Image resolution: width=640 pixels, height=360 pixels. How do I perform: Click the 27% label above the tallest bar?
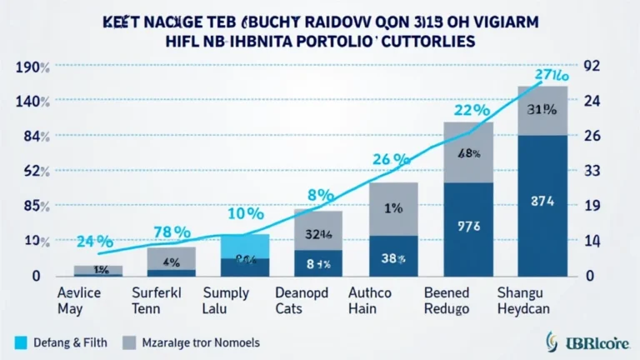(x=550, y=74)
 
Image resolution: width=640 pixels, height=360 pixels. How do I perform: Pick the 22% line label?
(x=471, y=110)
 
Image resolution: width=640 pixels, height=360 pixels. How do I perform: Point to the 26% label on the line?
(x=390, y=158)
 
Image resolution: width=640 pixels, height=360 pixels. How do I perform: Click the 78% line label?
(x=172, y=231)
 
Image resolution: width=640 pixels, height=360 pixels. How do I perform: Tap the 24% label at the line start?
(x=93, y=242)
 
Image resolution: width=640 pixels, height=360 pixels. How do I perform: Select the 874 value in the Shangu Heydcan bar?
(x=542, y=200)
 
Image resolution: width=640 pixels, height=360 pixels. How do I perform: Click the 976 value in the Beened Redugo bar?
(x=469, y=224)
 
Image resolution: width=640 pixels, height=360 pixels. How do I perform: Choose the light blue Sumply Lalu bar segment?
(x=245, y=246)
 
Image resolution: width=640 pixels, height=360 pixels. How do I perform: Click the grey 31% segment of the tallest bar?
(x=542, y=109)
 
